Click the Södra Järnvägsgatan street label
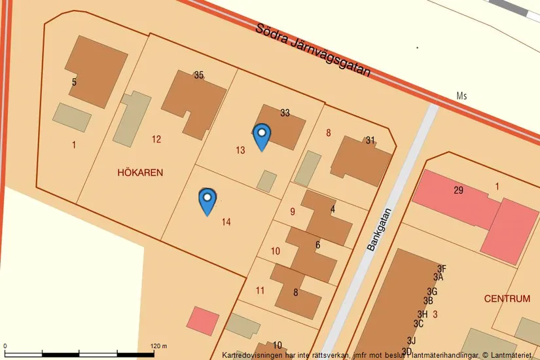[x=314, y=50]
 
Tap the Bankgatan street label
[x=379, y=230]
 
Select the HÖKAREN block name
[x=140, y=173]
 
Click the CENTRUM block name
[x=507, y=298]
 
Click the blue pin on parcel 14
[x=207, y=200]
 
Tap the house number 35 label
[x=199, y=75]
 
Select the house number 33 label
[x=285, y=113]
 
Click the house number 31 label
[x=370, y=140]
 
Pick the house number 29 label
[x=458, y=190]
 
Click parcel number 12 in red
[x=156, y=139]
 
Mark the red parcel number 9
[x=293, y=211]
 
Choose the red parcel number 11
[x=260, y=291]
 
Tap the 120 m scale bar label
[x=159, y=346]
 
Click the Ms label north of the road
[x=462, y=96]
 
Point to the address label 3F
[x=441, y=268]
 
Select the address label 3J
[x=411, y=340]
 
